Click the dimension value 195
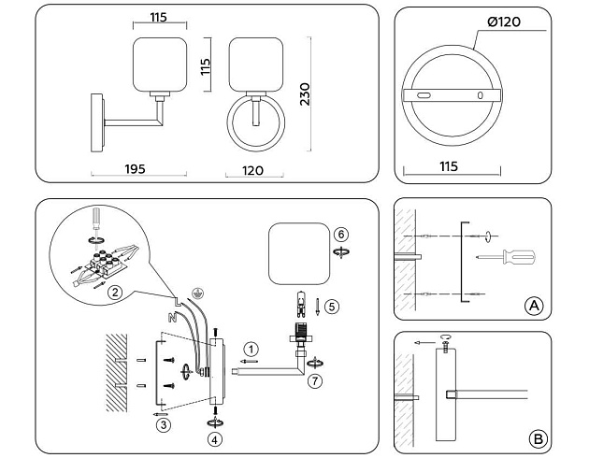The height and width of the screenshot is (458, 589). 134,169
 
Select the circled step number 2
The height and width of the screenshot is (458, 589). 114,293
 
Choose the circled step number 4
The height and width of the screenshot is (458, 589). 216,437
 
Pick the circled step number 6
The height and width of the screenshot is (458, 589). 341,234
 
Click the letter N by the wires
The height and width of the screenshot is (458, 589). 170,317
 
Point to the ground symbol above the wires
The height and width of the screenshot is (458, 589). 196,292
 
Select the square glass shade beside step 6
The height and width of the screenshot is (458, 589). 296,253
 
